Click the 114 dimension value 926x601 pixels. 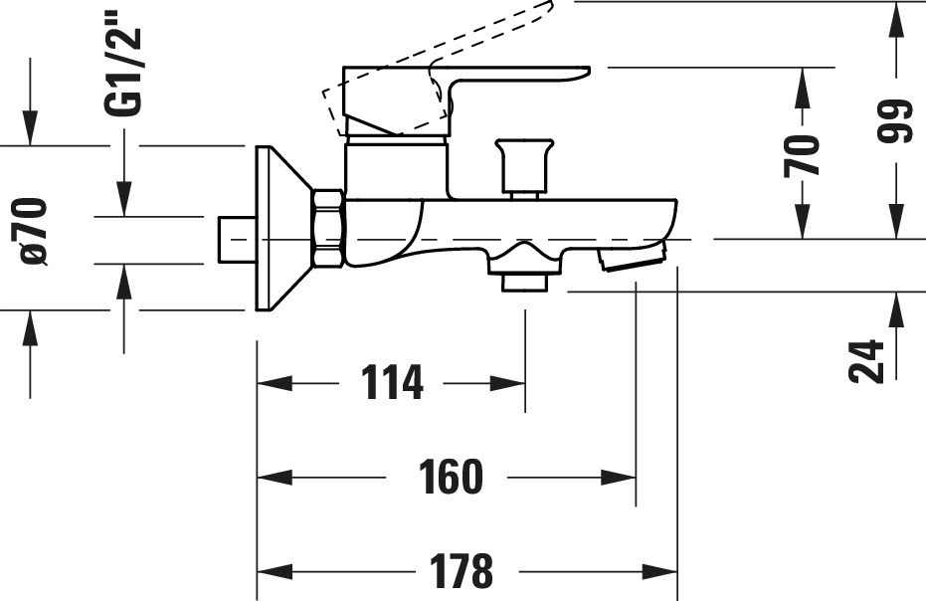392,382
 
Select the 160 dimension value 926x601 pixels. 451,477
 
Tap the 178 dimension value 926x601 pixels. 461,571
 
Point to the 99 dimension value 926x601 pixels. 894,121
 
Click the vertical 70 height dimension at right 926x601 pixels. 802,156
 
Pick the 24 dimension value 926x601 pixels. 866,361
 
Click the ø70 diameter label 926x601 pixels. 33,231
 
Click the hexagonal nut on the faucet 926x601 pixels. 328,228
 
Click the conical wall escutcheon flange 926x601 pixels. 283,228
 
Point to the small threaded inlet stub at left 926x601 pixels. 237,240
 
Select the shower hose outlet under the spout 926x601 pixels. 524,267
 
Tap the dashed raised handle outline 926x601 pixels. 437,67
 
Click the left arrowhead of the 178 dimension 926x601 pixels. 276,571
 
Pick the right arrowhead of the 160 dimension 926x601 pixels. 619,477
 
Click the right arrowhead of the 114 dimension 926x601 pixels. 507,383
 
